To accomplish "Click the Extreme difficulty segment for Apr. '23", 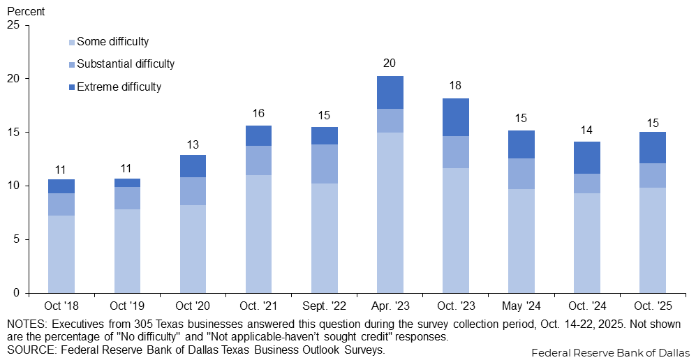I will (390, 92).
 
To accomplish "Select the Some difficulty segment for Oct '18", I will (61, 254).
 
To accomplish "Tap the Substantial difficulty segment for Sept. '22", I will (324, 164).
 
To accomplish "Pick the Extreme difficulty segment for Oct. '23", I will (455, 117).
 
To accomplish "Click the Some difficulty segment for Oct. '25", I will (652, 240).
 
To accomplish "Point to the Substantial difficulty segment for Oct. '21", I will (258, 160).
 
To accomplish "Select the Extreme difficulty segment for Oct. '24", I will (586, 158).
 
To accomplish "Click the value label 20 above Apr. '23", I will (390, 63).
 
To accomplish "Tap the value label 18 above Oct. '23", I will (455, 86).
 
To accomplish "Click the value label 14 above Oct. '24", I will (586, 129).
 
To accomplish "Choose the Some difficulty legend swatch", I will (72, 42).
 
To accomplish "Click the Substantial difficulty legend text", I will (126, 64).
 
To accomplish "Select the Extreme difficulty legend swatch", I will (72, 87).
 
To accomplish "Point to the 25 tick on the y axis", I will (13, 25).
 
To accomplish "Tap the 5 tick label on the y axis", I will (17, 239).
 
